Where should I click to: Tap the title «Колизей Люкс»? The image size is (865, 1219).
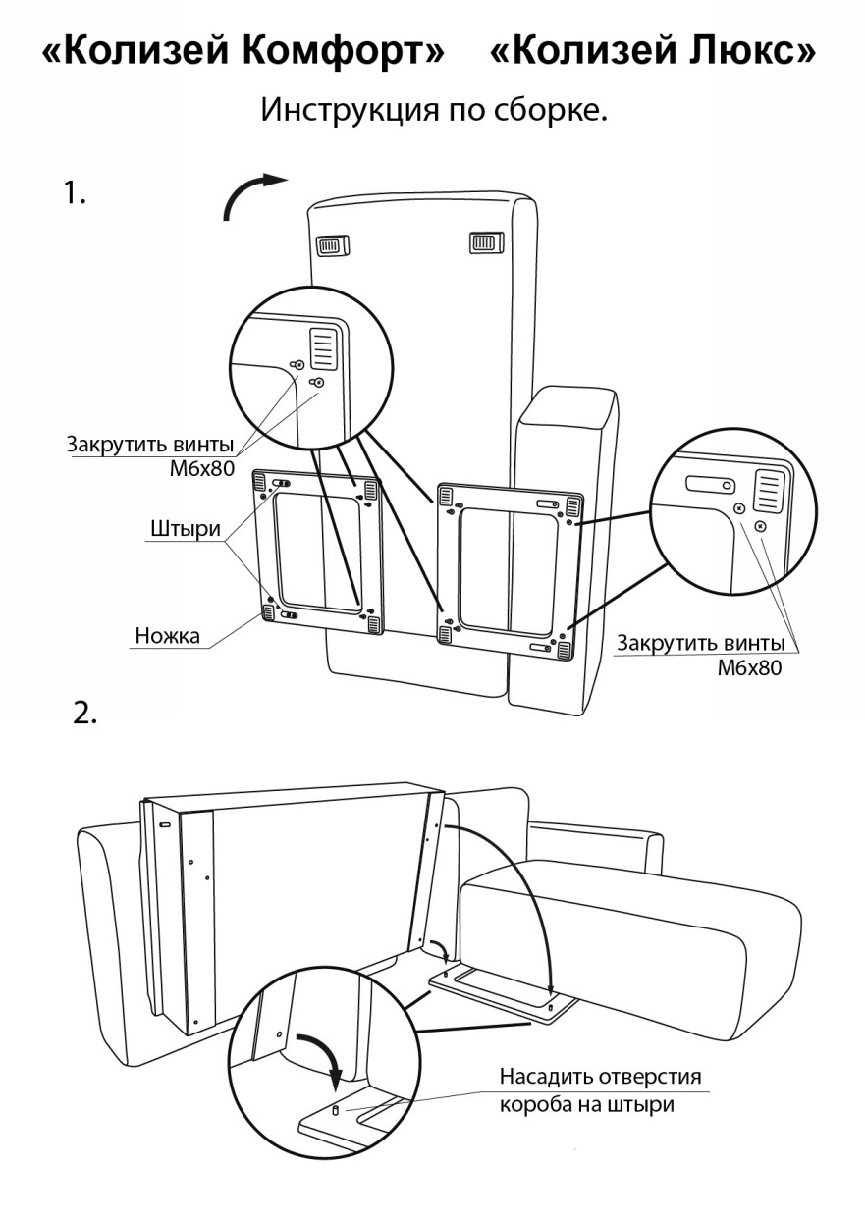coord(652,53)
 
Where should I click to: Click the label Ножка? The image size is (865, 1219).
coord(167,635)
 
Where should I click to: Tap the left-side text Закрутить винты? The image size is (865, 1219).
coord(150,443)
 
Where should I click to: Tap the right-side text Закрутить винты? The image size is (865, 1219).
coord(700,644)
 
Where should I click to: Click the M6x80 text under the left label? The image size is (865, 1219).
coord(202,468)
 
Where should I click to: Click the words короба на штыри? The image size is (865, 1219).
coord(586,1104)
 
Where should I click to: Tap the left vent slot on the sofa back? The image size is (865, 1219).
coord(331,244)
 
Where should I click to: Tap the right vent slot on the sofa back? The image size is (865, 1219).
coord(485,241)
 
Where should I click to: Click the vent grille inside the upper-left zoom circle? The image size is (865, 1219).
coord(324,347)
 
